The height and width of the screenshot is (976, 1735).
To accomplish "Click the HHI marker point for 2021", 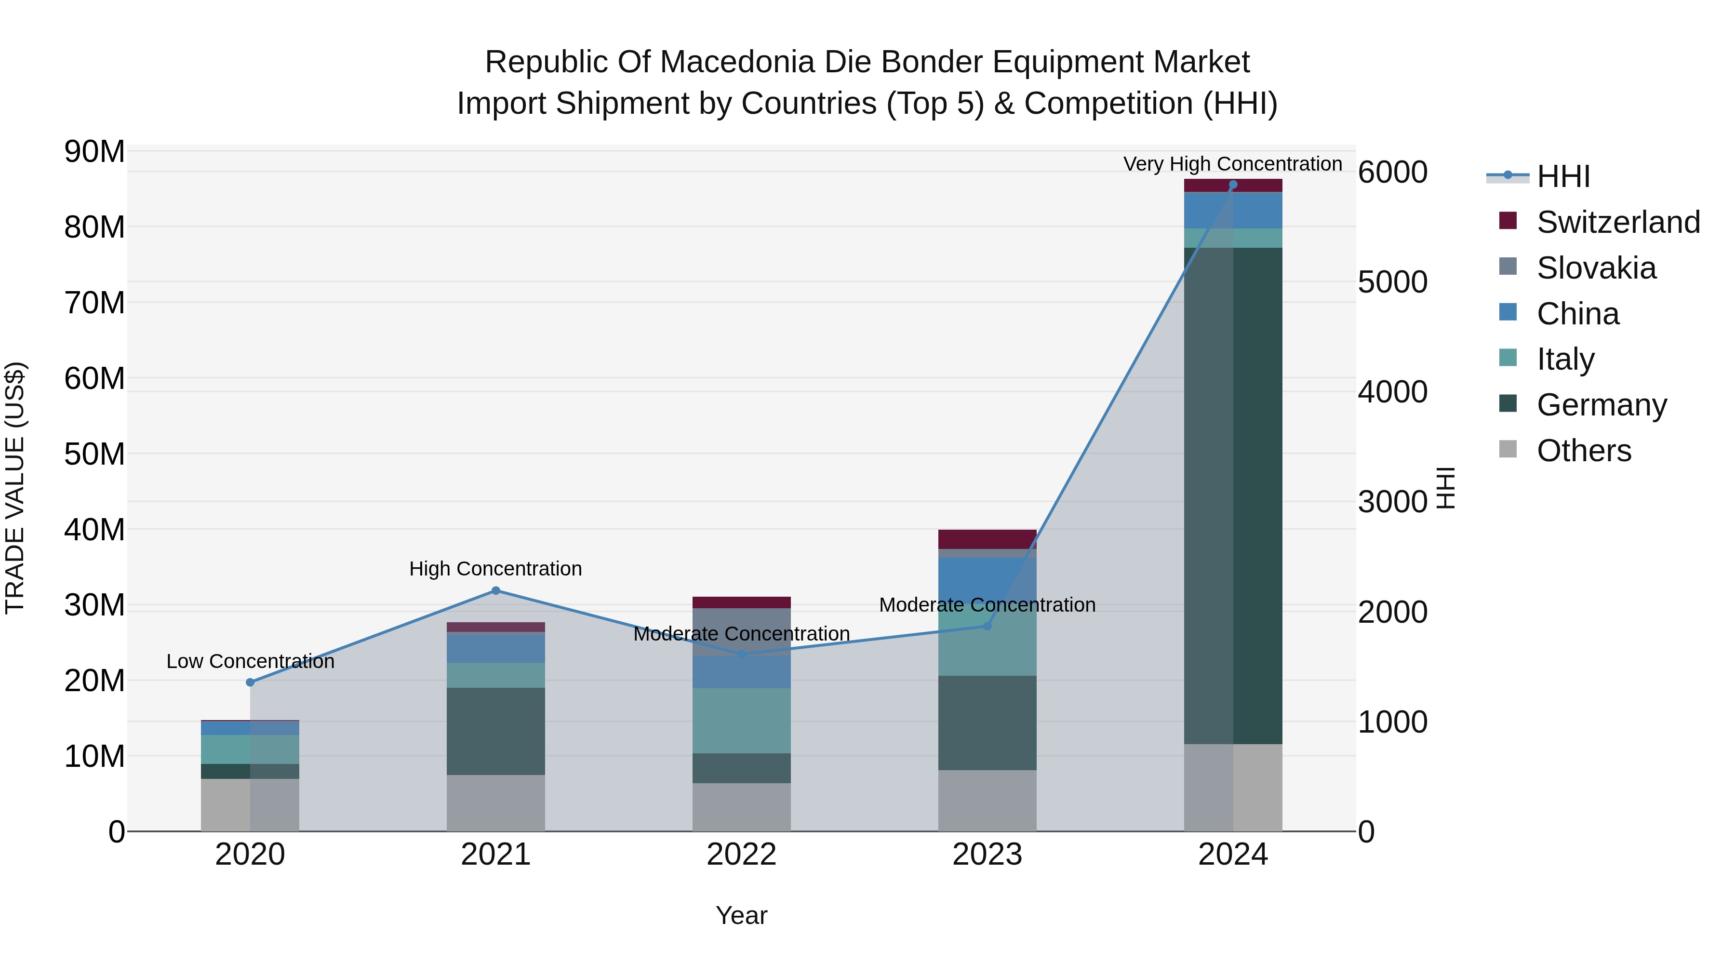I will point(496,591).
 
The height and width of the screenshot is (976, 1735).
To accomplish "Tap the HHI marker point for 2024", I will point(1232,185).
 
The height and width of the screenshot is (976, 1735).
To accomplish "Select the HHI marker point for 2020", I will point(250,682).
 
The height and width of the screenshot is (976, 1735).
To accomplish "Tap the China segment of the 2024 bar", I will point(1232,210).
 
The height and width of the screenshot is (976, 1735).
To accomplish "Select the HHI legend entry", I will point(1562,176).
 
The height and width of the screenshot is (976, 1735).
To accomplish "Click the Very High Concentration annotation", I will point(1232,164).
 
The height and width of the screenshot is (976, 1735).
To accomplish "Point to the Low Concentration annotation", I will point(250,661).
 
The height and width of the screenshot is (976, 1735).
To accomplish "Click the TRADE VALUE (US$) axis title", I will point(15,488).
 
